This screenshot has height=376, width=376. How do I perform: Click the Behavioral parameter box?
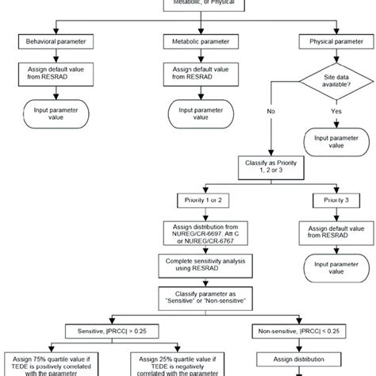tap(56, 39)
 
